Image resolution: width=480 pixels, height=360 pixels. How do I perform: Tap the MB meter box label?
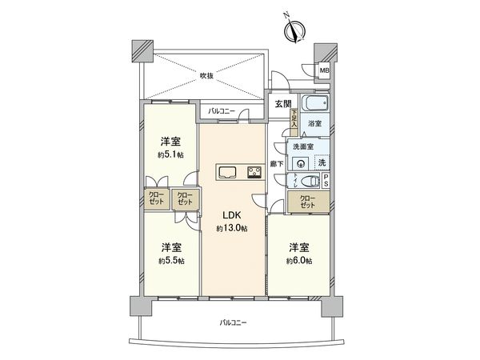click(x=324, y=71)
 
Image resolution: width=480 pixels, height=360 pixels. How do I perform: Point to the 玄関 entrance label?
click(x=283, y=104)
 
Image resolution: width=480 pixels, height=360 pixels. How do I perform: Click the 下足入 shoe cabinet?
click(x=294, y=120)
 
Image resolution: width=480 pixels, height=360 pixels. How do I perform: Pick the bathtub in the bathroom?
click(x=313, y=106)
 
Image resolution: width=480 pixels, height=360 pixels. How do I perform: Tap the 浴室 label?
click(x=316, y=125)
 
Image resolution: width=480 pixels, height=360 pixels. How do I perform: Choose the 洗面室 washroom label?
click(x=301, y=147)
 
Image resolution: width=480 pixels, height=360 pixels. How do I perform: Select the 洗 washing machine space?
click(x=322, y=162)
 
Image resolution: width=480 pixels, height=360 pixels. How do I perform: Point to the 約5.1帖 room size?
click(x=169, y=154)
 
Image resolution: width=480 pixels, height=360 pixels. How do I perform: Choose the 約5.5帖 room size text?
click(x=170, y=261)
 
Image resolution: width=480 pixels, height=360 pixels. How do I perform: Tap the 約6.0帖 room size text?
click(x=298, y=262)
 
